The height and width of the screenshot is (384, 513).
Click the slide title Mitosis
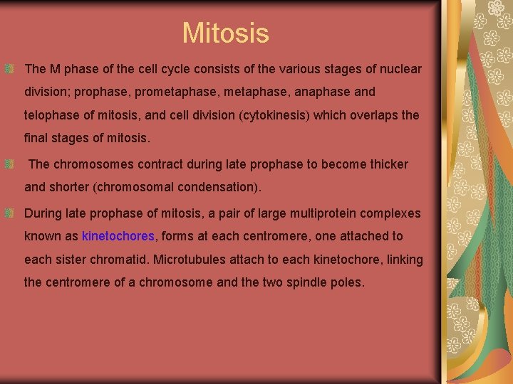tap(225, 33)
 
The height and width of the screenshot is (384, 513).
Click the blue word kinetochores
tap(118, 236)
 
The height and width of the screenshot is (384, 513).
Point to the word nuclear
tap(401, 70)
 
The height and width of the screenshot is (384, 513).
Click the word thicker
tap(385, 164)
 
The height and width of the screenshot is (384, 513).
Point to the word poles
tap(347, 282)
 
